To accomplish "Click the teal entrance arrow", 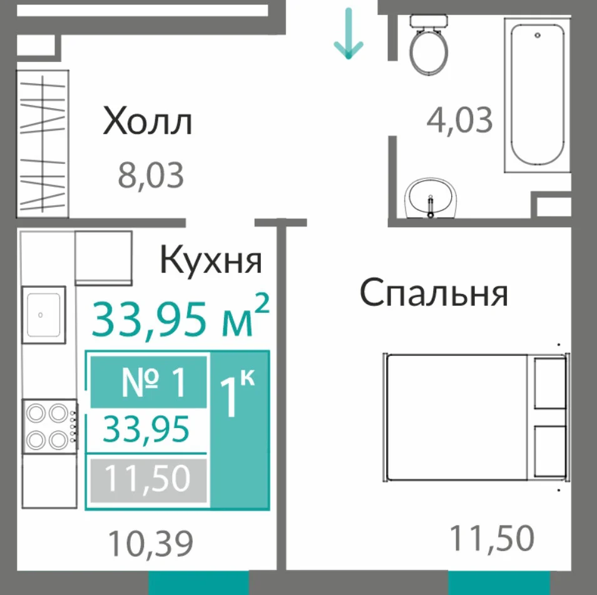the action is [349, 34].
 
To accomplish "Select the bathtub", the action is [537, 95].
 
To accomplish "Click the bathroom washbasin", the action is [431, 198].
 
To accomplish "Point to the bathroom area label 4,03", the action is [459, 120].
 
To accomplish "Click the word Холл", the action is [147, 121].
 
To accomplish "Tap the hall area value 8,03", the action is [151, 175].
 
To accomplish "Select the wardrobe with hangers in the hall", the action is [43, 144].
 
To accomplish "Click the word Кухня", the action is [211, 261].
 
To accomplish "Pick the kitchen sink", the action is [44, 315].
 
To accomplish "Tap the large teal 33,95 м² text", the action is [181, 317].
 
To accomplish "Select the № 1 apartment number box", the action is [149, 382].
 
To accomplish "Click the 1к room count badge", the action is [240, 430].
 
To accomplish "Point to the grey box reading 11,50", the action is [149, 481].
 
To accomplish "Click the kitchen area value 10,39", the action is [151, 543].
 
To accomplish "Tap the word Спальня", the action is [434, 293].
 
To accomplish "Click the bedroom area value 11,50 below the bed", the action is [492, 538].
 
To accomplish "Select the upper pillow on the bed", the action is [550, 383].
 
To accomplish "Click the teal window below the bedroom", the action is [499, 582].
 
